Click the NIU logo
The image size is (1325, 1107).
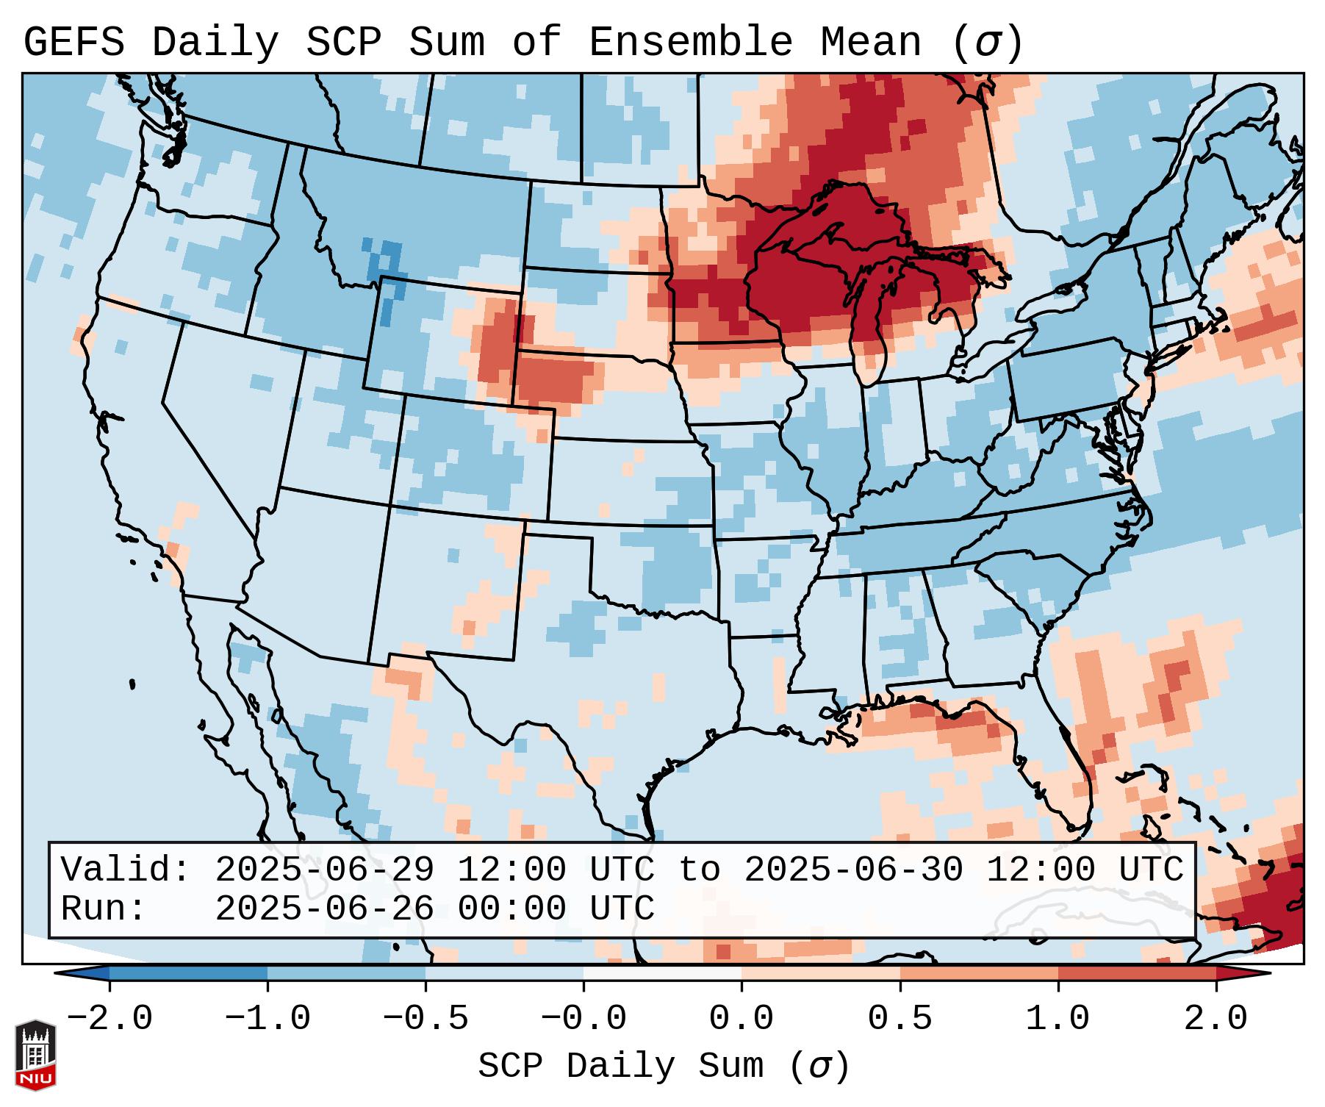pyautogui.click(x=35, y=1054)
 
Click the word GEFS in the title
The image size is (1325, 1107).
pyautogui.click(x=73, y=43)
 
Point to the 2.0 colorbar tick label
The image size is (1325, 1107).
pyautogui.click(x=1216, y=1019)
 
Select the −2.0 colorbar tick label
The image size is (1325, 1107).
pyautogui.click(x=109, y=1019)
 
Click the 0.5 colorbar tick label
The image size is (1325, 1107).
pyautogui.click(x=900, y=1019)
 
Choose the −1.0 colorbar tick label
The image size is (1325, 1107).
pyautogui.click(x=267, y=1019)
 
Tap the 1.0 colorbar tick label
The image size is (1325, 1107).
pyautogui.click(x=1058, y=1019)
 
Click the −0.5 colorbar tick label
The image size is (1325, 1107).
pyautogui.click(x=425, y=1019)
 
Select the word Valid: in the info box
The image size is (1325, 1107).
pyautogui.click(x=126, y=870)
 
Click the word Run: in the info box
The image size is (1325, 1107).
pyautogui.click(x=104, y=909)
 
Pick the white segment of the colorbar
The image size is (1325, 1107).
pyautogui.click(x=662, y=973)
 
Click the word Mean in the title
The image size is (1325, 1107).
pyautogui.click(x=871, y=43)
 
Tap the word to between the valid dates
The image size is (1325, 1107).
pyautogui.click(x=699, y=870)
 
